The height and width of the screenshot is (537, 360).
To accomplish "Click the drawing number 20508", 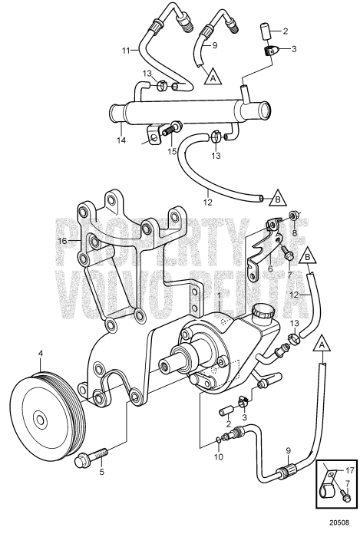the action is (x=339, y=522).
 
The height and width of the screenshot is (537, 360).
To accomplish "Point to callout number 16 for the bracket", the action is (x=61, y=241).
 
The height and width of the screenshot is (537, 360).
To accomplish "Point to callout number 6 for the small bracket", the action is (x=270, y=268).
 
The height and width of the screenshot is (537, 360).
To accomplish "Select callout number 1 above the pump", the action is (x=220, y=295).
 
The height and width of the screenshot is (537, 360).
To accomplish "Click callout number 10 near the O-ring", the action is (x=219, y=457).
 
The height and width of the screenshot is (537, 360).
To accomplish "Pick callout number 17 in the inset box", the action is (x=349, y=471).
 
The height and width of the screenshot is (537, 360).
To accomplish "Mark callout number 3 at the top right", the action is (x=293, y=49).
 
